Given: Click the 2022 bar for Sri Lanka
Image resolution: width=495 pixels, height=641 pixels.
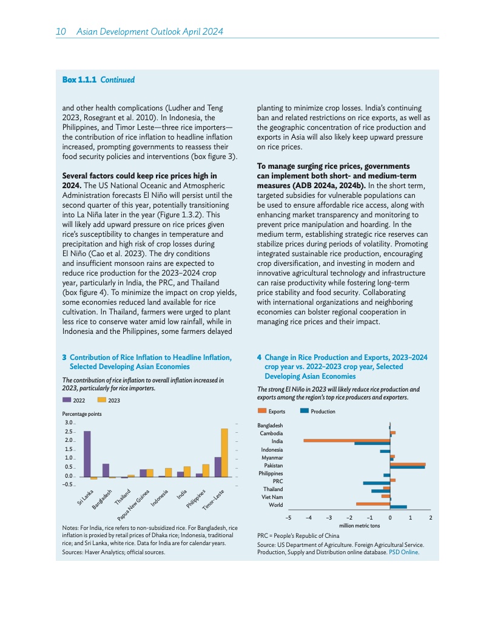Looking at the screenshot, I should pyautogui.click(x=87, y=453).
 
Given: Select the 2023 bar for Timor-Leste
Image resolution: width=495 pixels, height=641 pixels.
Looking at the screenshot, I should pyautogui.click(x=224, y=452).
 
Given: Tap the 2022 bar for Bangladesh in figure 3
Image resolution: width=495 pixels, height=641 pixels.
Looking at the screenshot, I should pyautogui.click(x=106, y=470).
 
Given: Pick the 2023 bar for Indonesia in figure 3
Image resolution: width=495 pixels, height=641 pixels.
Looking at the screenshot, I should pyautogui.click(x=168, y=472).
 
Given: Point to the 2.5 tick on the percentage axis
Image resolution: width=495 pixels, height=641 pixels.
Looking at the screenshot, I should pyautogui.click(x=69, y=431).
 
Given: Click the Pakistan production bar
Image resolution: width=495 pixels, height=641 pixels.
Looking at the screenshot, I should pyautogui.click(x=408, y=467).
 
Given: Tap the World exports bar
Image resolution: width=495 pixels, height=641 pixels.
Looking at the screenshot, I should pyautogui.click(x=373, y=504).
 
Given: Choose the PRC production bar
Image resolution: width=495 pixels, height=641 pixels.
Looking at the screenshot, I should pyautogui.click(x=376, y=483).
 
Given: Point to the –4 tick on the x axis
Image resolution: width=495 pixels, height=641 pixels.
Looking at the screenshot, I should pyautogui.click(x=309, y=517).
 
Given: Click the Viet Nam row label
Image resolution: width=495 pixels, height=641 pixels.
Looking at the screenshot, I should pyautogui.click(x=272, y=497).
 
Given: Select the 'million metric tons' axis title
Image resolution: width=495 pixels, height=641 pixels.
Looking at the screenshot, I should pyautogui.click(x=359, y=525).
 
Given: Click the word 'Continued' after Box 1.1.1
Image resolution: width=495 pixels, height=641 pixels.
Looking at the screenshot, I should pyautogui.click(x=117, y=80).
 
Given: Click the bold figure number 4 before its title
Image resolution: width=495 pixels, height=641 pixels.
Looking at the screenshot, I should pyautogui.click(x=259, y=358).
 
